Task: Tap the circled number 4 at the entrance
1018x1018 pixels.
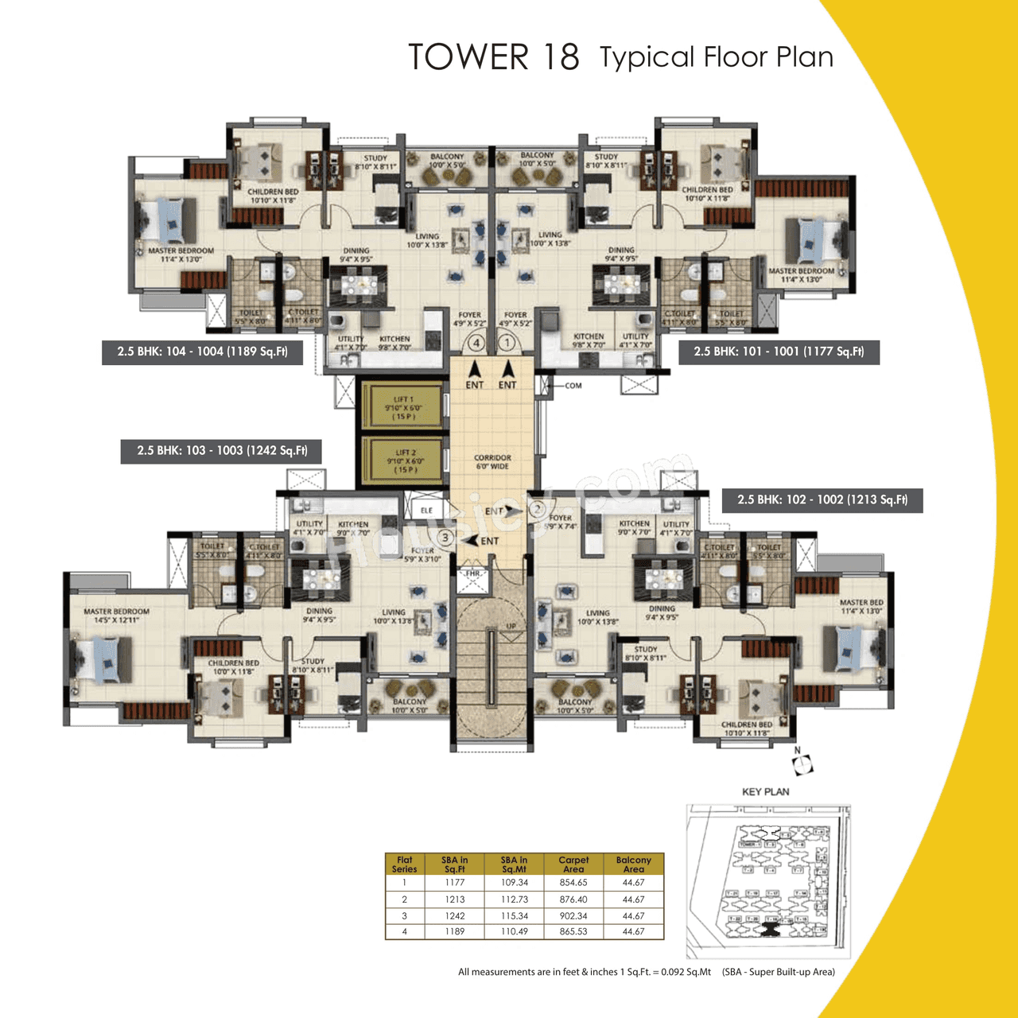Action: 476,344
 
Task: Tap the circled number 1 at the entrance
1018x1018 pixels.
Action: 507,344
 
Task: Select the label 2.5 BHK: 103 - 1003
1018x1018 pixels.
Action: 222,451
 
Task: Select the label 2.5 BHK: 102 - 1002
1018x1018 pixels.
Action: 822,500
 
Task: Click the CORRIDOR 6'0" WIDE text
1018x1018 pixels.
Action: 492,462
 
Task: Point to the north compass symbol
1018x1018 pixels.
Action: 803,764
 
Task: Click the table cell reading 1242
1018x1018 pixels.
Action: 455,915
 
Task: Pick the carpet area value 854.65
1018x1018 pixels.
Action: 573,882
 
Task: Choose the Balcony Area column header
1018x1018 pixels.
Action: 633,865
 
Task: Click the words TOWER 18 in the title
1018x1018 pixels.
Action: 493,57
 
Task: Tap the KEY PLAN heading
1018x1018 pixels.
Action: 765,792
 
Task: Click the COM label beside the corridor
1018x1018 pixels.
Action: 573,386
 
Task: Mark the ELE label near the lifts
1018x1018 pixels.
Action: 427,511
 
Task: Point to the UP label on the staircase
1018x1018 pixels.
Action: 511,626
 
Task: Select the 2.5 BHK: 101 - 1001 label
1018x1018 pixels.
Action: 779,352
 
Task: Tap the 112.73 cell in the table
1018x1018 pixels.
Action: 514,899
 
